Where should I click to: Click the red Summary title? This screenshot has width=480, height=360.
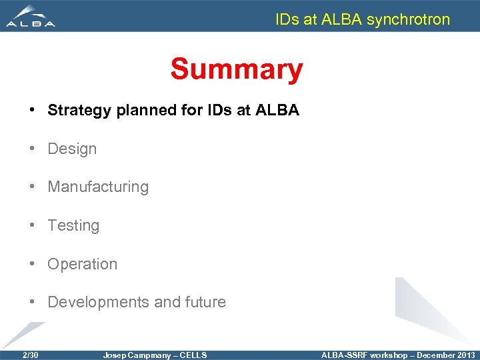(x=236, y=69)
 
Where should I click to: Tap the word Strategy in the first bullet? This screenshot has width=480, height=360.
(x=79, y=111)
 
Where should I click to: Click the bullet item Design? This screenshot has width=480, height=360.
(x=72, y=149)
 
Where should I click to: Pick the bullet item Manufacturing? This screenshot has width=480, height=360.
(x=98, y=187)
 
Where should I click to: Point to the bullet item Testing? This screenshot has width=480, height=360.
(x=73, y=226)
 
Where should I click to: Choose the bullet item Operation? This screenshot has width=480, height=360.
(x=82, y=264)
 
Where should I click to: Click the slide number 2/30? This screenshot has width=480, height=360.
(x=30, y=355)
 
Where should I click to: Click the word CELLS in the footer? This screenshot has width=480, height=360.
(x=194, y=355)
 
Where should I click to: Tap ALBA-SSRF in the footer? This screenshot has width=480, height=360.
(x=344, y=355)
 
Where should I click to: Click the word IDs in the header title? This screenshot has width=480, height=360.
(x=287, y=19)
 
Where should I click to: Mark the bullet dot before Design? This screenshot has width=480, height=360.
(x=33, y=149)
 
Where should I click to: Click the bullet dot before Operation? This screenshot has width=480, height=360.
(x=33, y=264)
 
